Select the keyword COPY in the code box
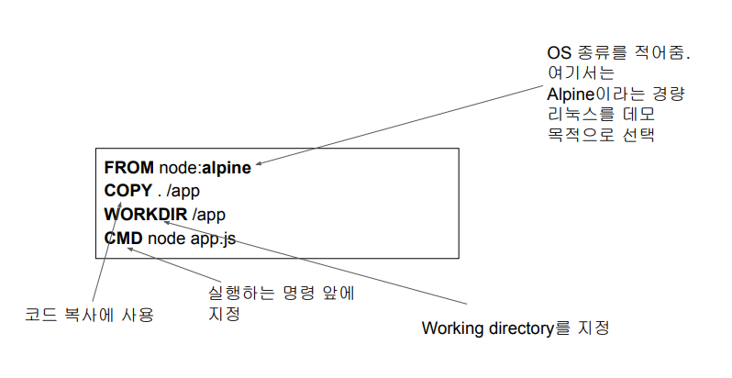pos(124,191)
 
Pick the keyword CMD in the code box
pos(123,239)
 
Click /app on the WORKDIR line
pos(209,215)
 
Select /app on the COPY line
pos(182,191)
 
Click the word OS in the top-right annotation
pos(557,53)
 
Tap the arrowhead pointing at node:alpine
pos(259,164)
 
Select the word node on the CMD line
pos(164,239)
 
